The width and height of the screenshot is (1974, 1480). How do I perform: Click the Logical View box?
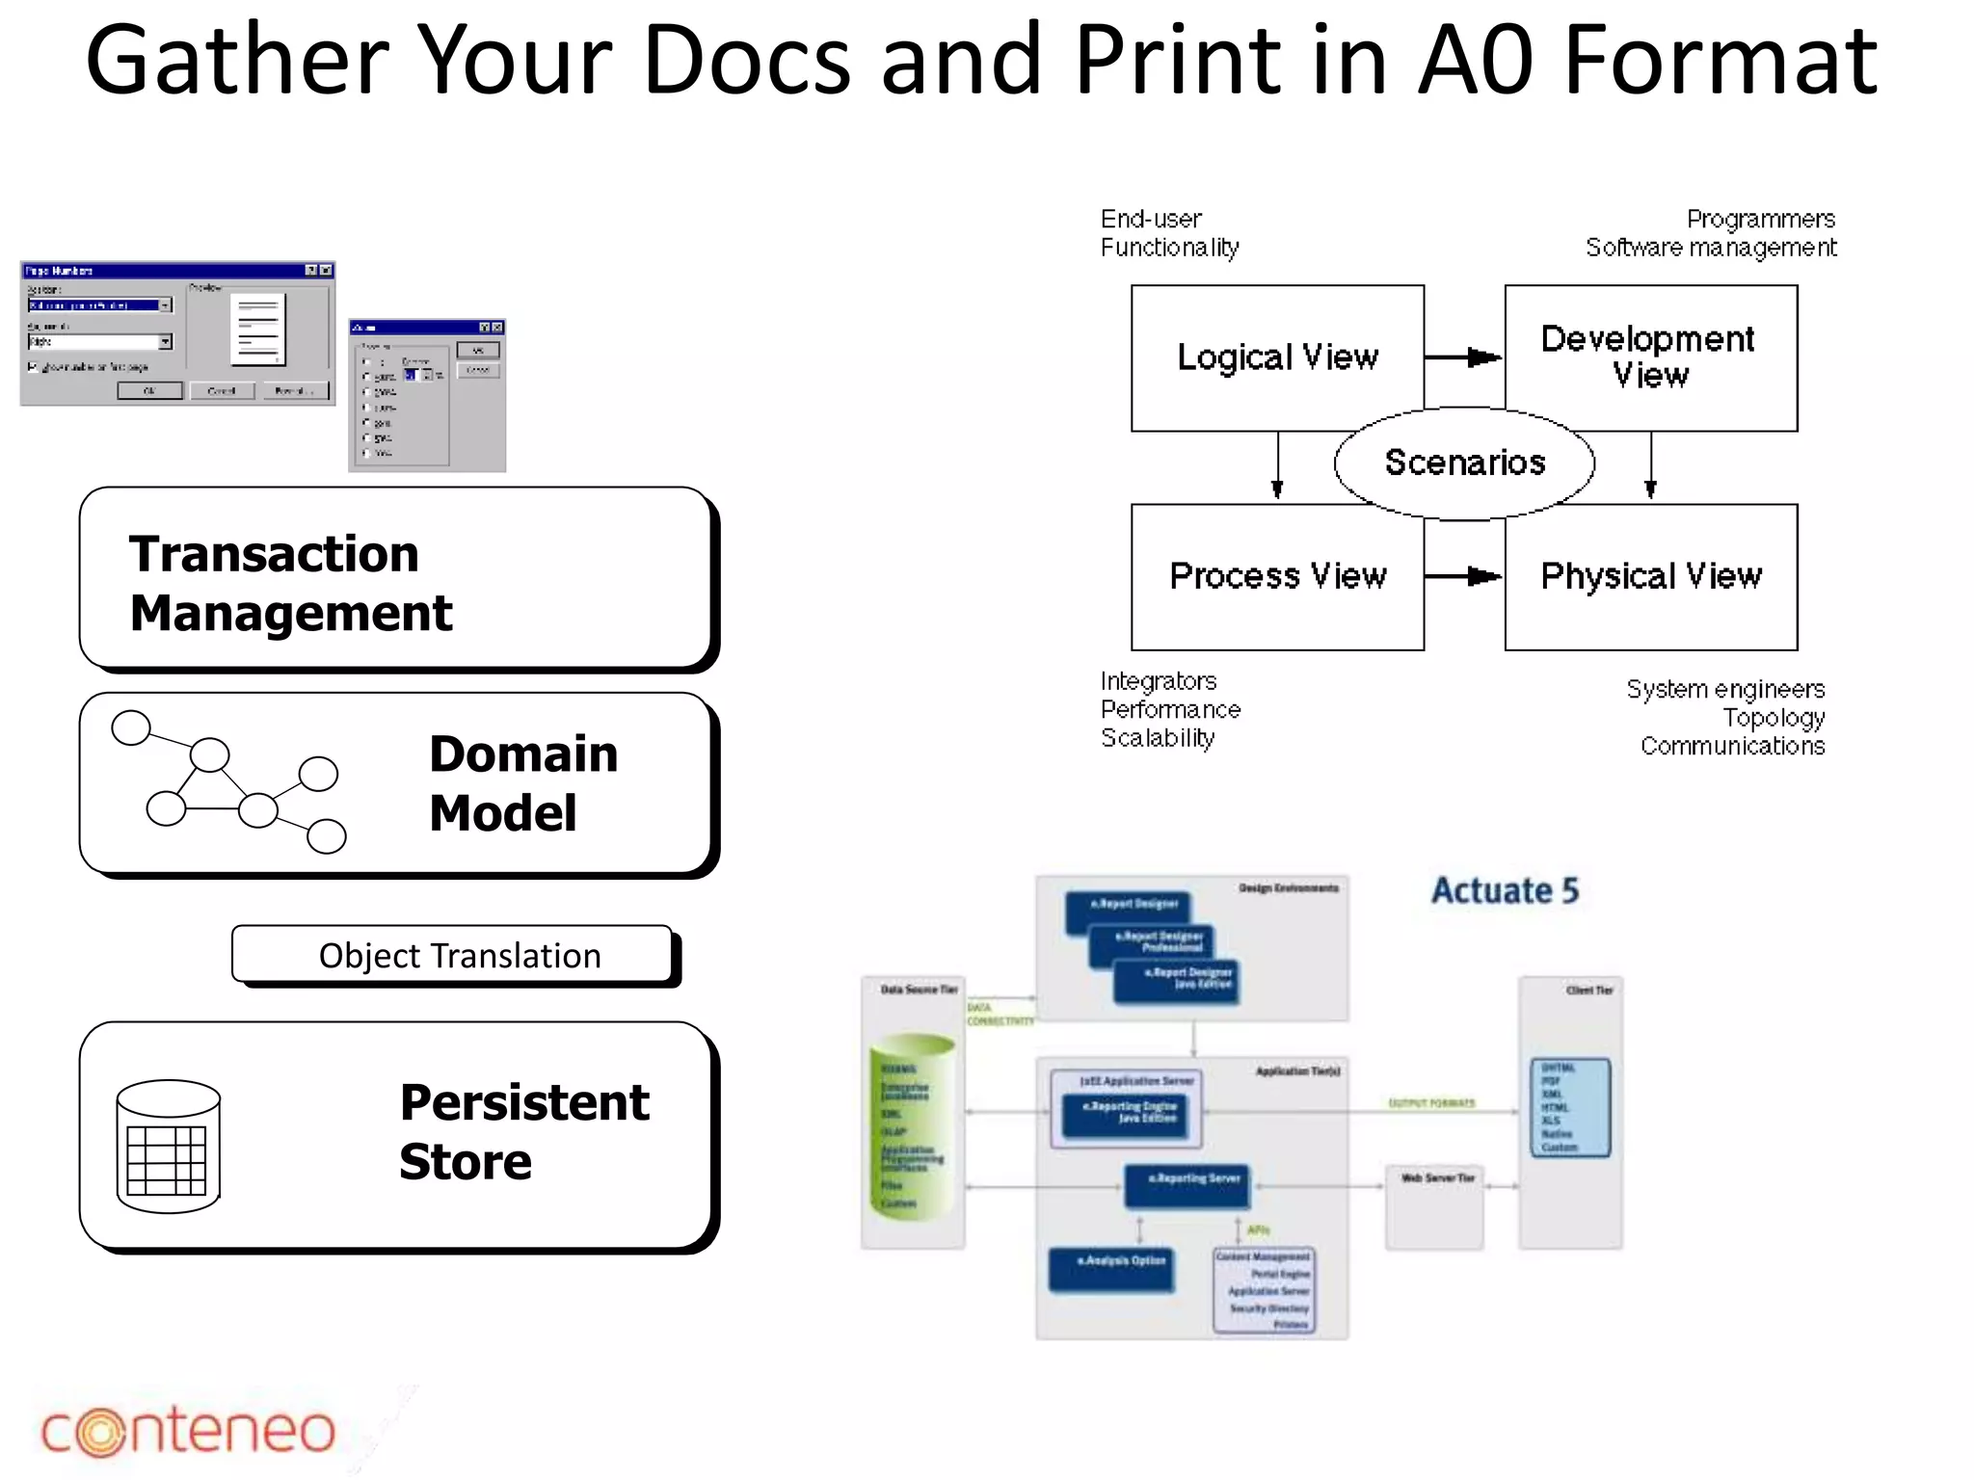click(1277, 357)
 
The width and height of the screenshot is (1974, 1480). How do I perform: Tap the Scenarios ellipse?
click(1464, 463)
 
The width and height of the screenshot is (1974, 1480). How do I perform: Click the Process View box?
click(1277, 576)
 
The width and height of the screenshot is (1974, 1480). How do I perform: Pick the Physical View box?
click(1650, 576)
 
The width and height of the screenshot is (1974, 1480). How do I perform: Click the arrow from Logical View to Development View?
click(1463, 357)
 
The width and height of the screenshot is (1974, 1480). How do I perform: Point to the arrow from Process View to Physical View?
click(1463, 576)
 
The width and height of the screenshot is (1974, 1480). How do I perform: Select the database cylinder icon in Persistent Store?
click(169, 1146)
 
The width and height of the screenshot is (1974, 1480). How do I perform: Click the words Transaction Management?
click(289, 583)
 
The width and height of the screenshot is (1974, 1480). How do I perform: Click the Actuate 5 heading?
click(1504, 890)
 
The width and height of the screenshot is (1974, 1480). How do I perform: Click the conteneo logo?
click(188, 1431)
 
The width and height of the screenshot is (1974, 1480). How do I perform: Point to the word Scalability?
click(1158, 738)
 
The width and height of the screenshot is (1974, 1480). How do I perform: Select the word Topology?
click(1773, 718)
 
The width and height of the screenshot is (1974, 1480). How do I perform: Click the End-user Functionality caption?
click(1169, 233)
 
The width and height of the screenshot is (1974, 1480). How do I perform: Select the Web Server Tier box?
click(1434, 1207)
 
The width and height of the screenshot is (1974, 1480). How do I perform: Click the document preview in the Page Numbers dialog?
click(258, 329)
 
